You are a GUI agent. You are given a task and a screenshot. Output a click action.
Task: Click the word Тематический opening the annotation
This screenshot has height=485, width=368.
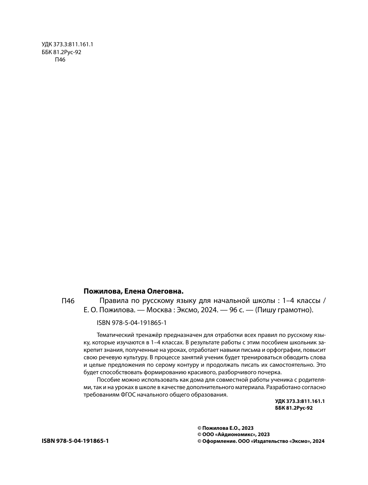tap(115, 334)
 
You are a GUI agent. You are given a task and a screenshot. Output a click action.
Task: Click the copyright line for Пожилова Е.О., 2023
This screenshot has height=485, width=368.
tap(225, 428)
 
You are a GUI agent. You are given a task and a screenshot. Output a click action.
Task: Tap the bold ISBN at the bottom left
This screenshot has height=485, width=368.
tap(75, 441)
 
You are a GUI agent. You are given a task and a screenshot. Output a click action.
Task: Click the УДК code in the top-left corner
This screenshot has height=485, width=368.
tap(67, 44)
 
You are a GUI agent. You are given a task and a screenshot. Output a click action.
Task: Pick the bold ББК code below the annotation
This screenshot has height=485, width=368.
tap(294, 408)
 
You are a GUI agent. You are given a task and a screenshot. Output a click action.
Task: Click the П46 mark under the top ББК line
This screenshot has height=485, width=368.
tap(60, 60)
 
